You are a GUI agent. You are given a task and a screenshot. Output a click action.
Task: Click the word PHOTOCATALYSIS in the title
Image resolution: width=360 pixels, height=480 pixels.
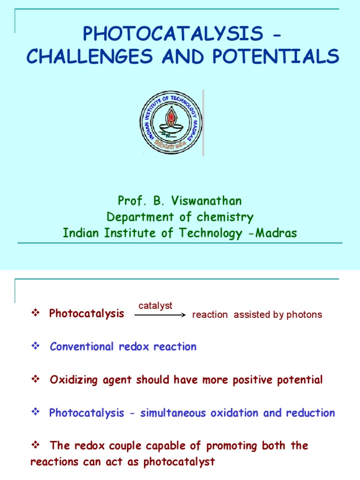click(173, 33)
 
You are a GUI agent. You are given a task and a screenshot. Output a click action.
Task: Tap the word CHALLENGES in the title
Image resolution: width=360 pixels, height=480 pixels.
click(90, 56)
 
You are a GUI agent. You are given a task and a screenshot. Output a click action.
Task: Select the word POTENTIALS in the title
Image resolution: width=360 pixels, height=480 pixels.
click(276, 56)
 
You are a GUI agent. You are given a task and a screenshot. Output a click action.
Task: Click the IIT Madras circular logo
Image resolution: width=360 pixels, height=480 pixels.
click(171, 122)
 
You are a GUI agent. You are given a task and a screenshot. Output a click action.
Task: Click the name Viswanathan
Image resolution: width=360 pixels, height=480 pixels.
click(206, 201)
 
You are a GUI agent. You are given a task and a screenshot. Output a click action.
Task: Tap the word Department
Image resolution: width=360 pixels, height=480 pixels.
click(140, 217)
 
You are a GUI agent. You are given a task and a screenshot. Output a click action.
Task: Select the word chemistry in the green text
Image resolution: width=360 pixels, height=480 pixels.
click(225, 217)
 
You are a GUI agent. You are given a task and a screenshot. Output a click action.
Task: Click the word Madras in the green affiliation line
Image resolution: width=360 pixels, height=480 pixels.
click(276, 233)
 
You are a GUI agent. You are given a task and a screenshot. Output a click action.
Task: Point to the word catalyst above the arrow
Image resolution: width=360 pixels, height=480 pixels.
click(155, 306)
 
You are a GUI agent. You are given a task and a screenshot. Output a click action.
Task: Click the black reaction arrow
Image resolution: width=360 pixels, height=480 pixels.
click(160, 315)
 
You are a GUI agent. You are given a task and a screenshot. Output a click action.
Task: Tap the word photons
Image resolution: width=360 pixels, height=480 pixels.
click(304, 315)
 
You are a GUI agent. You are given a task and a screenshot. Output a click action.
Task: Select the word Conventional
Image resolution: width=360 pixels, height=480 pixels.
click(82, 346)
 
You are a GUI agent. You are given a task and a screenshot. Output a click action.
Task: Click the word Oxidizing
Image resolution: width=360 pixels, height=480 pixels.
click(74, 380)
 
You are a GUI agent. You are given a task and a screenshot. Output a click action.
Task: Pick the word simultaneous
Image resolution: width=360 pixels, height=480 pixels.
click(173, 413)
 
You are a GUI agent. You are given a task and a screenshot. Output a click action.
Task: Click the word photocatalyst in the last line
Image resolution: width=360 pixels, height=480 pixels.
click(179, 462)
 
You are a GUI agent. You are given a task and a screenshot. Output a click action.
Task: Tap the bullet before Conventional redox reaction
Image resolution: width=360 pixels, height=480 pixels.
click(36, 346)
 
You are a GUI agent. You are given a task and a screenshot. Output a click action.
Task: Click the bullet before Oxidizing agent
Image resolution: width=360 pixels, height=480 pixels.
click(36, 379)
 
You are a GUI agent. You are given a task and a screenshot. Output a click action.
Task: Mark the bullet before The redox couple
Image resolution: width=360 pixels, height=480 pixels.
click(36, 444)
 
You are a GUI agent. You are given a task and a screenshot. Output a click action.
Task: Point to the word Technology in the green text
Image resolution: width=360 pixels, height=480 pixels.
click(210, 233)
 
